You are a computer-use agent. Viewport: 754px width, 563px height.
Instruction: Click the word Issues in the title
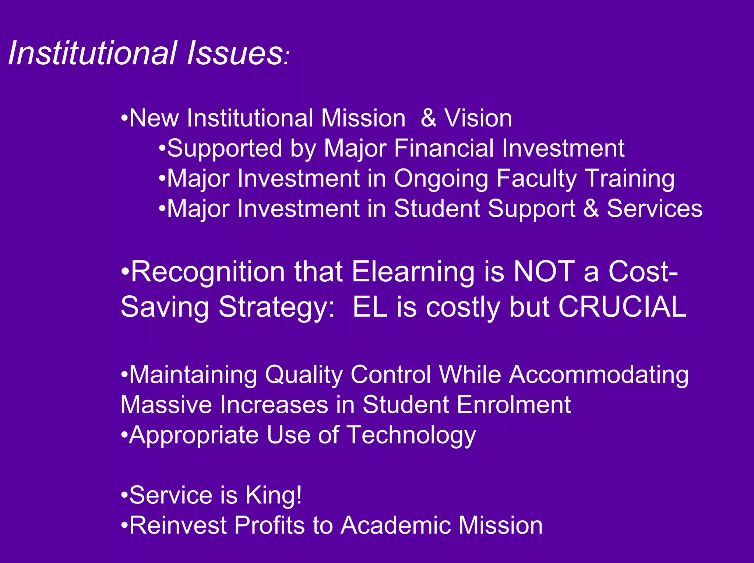coord(235,53)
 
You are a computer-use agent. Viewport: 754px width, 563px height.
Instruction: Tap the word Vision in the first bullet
coord(478,118)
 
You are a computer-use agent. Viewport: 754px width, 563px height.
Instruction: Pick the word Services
coord(654,209)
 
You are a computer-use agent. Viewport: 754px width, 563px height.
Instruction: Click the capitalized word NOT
coord(544,272)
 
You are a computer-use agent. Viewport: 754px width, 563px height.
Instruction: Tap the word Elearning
coord(413,272)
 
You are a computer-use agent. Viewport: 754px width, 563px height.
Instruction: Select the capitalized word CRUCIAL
coord(622,307)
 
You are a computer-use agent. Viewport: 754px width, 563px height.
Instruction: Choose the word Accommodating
coord(599,375)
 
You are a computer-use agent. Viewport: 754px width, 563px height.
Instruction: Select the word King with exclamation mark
coord(274,495)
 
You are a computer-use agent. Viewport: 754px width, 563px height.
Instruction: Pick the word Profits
coord(269,525)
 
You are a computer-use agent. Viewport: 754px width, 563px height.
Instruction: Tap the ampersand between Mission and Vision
coord(429,118)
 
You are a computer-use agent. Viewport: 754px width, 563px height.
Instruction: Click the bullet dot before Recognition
coord(125,272)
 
